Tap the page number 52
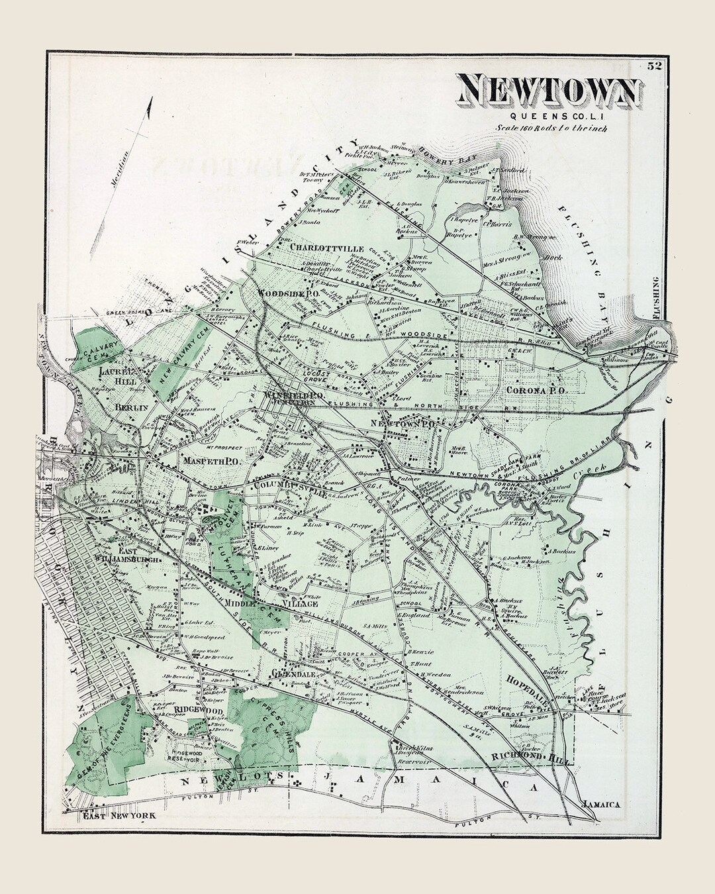coord(655,66)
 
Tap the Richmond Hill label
coord(538,756)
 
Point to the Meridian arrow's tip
coord(152,99)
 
